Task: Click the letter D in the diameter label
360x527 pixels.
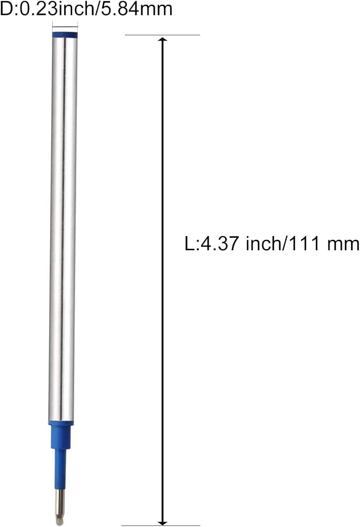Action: click(6, 8)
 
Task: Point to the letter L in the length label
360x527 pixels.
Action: click(189, 243)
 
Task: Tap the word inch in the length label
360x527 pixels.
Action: click(265, 243)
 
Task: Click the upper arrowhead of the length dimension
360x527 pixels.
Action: click(163, 39)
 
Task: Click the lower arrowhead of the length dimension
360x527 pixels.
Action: click(163, 523)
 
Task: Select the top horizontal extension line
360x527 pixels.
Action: click(162, 35)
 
